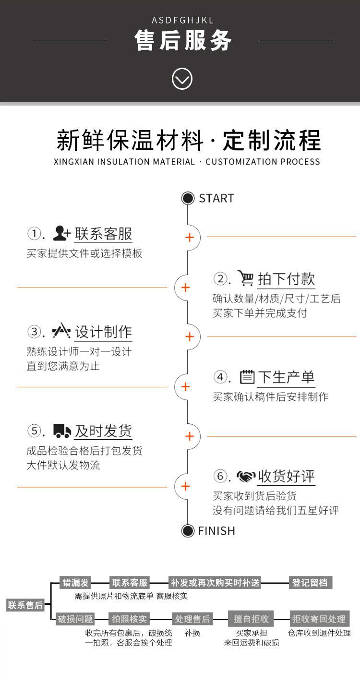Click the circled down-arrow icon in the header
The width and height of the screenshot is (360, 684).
point(182,79)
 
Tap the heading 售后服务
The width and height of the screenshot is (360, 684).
point(183,40)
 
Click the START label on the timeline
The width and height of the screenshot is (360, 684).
point(216,198)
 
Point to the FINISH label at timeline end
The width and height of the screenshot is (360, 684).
point(216,531)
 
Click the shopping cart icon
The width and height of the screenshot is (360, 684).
point(246,278)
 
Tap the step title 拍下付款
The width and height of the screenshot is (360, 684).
point(286,279)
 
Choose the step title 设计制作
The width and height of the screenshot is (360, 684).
point(103,332)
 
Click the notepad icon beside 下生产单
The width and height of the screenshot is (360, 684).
point(247,377)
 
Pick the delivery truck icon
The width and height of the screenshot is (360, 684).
point(62,431)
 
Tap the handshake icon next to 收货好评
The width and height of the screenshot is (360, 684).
point(246,477)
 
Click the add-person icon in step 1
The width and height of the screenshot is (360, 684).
point(61,234)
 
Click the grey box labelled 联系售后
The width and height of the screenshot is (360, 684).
point(25,605)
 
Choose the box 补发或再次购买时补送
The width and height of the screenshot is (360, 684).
point(215,583)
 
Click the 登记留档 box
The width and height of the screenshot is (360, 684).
point(310,583)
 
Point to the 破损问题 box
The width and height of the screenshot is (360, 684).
point(75,619)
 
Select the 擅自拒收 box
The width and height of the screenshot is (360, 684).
point(251,619)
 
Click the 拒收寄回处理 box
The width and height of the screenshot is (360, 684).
point(319,619)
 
